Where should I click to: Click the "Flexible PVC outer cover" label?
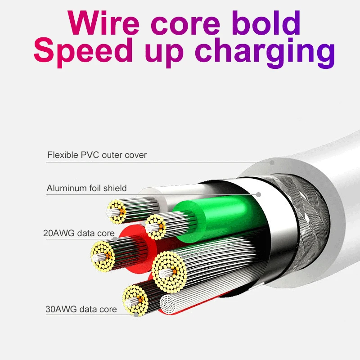pos(97,155)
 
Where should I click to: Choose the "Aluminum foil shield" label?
pos(87,188)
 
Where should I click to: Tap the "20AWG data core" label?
pos(79,233)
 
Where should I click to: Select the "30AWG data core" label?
pos(81,309)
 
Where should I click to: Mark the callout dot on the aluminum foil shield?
pos(259,194)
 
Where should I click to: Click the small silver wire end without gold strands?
pos(171,306)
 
